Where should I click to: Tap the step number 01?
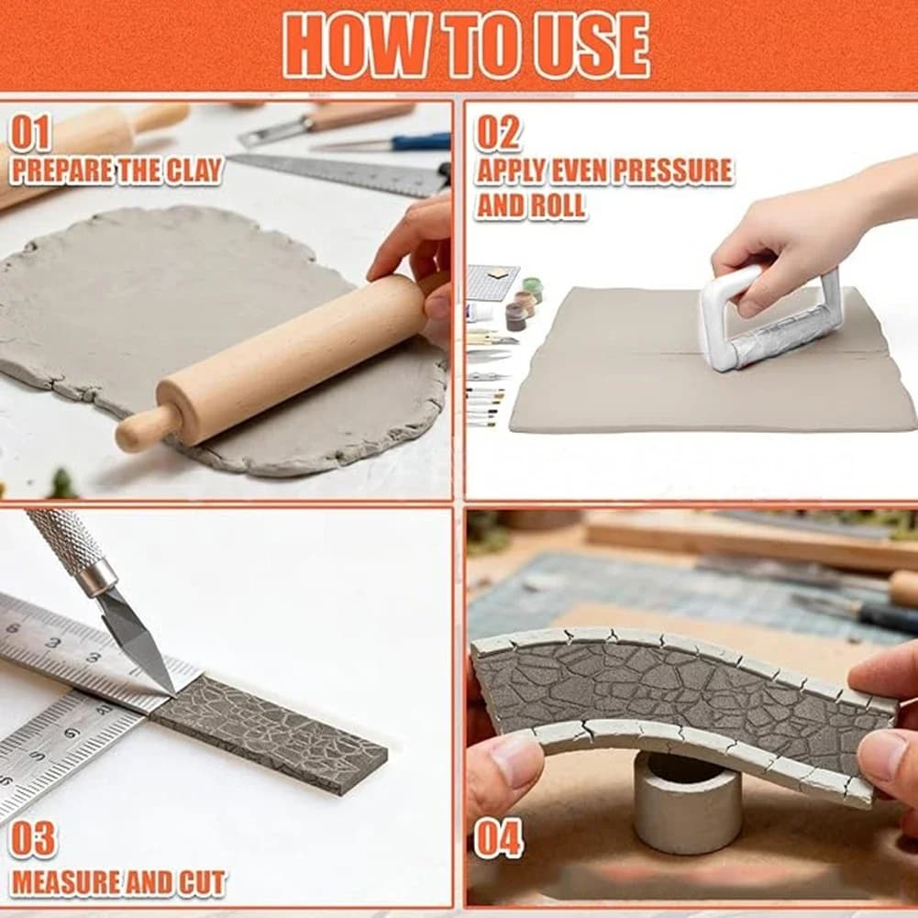pyautogui.click(x=30, y=133)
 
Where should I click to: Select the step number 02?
pyautogui.click(x=498, y=133)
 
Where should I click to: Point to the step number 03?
pyautogui.click(x=33, y=839)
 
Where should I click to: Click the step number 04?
pyautogui.click(x=498, y=839)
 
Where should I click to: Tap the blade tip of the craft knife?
pyautogui.click(x=171, y=692)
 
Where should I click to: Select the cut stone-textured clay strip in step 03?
pyautogui.click(x=270, y=734)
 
